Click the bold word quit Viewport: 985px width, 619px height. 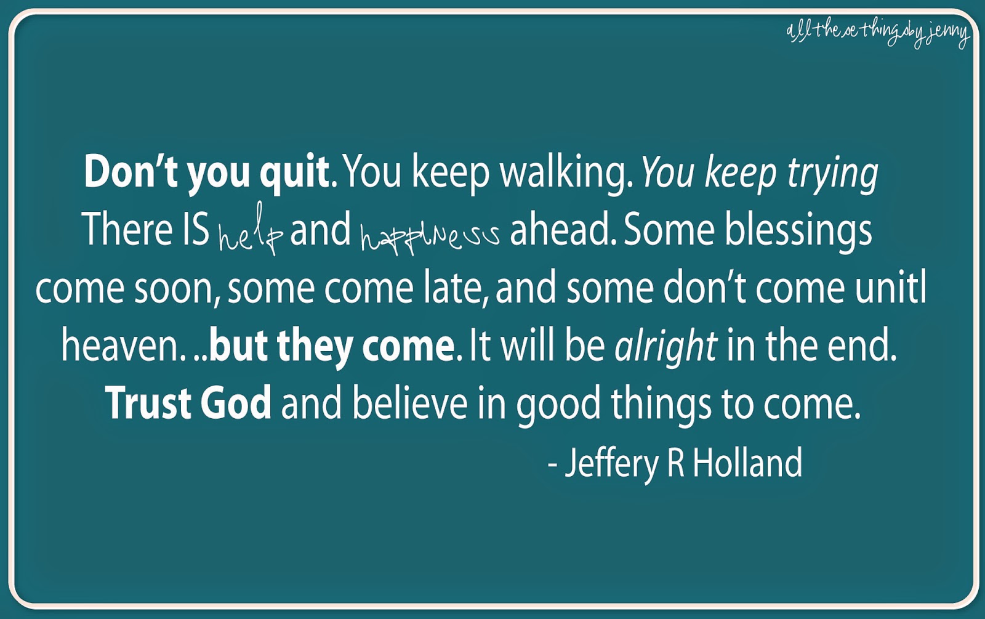pyautogui.click(x=294, y=173)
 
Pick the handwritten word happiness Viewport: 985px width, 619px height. pyautogui.click(x=430, y=235)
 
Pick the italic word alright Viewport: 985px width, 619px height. pyautogui.click(x=666, y=347)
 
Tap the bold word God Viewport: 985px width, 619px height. pyautogui.click(x=236, y=403)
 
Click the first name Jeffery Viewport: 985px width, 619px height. pyautogui.click(x=612, y=464)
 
